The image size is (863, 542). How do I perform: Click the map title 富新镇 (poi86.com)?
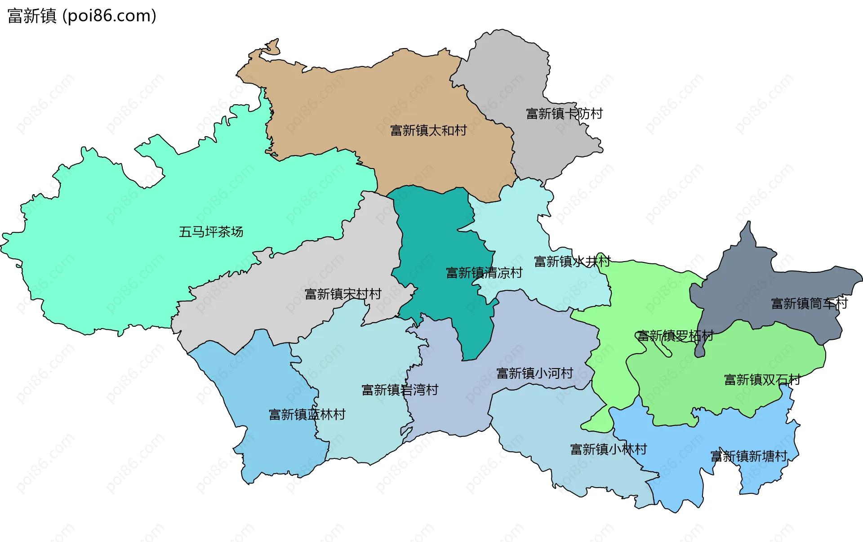tap(82, 16)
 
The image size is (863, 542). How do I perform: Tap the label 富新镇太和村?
tap(428, 130)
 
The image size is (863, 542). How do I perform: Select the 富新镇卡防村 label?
tap(564, 114)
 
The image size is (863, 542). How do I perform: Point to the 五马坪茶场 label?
tap(211, 232)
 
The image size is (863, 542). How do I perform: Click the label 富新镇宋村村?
tap(343, 294)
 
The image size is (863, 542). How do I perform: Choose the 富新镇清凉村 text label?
tap(484, 273)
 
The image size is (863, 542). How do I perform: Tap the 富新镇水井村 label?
tap(572, 261)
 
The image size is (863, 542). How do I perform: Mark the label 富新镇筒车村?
tap(809, 304)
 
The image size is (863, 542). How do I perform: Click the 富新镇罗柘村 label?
tap(675, 336)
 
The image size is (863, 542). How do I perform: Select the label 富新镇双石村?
tap(762, 380)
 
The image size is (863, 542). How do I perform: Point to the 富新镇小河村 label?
tap(534, 373)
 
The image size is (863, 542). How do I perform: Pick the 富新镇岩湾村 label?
tap(400, 390)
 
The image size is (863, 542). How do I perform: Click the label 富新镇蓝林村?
tap(307, 414)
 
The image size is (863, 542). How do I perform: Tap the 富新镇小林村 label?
tap(608, 449)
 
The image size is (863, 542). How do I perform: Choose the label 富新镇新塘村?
tap(749, 456)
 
